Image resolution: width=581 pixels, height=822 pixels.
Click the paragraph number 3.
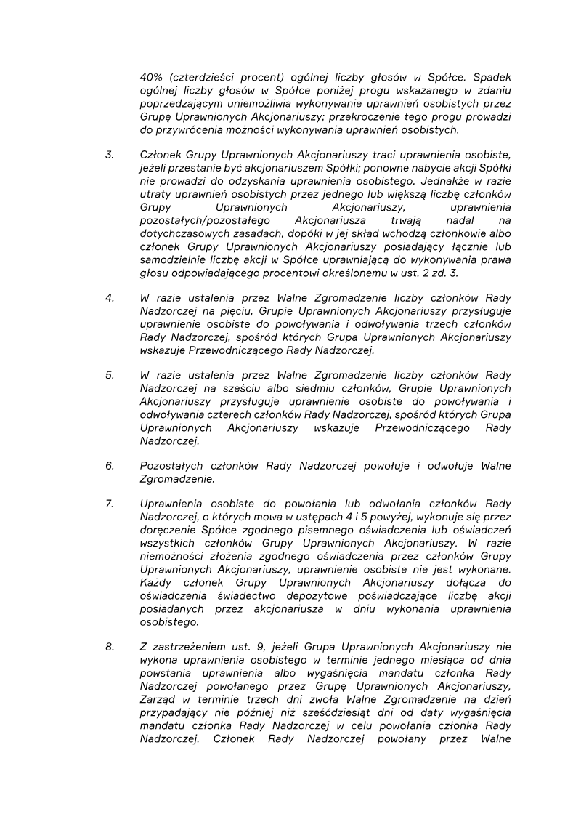[x=110, y=155]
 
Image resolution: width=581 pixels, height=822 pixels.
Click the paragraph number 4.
[x=110, y=298]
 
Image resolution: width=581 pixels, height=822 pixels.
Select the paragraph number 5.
[x=110, y=375]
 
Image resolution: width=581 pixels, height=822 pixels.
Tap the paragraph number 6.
[x=110, y=465]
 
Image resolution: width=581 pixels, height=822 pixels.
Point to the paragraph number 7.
[x=110, y=504]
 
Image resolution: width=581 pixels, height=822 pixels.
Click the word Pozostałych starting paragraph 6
[x=172, y=465]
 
